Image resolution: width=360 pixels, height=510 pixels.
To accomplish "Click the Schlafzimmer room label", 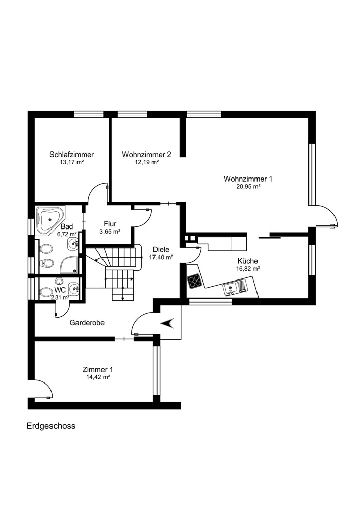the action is pyautogui.click(x=71, y=155).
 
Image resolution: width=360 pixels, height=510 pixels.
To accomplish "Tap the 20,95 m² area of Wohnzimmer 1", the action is pyautogui.click(x=248, y=187).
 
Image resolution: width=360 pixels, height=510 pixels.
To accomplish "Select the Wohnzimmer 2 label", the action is pyautogui.click(x=146, y=154).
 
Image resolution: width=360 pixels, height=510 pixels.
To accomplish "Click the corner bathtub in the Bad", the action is pyautogui.click(x=50, y=220).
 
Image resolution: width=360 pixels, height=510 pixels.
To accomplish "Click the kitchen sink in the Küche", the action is pyautogui.click(x=235, y=288).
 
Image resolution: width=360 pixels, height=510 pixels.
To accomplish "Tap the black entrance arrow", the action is pyautogui.click(x=168, y=323).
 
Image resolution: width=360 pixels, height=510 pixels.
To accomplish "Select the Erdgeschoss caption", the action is pyautogui.click(x=50, y=426).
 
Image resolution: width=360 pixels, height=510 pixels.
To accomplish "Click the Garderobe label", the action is pyautogui.click(x=87, y=323).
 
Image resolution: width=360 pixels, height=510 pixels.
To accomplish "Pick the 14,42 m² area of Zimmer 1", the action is pyautogui.click(x=97, y=377).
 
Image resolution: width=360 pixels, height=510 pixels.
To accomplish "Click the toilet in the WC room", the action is pyautogui.click(x=45, y=292).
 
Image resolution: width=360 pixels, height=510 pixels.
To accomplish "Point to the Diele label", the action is pyautogui.click(x=161, y=250).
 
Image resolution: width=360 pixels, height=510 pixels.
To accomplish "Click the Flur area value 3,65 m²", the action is pyautogui.click(x=110, y=232).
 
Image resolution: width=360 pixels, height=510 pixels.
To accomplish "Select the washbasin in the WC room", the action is pyautogui.click(x=74, y=289).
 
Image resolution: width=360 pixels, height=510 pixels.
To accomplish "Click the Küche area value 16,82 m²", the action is pyautogui.click(x=248, y=269).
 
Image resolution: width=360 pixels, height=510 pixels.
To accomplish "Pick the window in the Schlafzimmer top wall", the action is pyautogui.click(x=88, y=114).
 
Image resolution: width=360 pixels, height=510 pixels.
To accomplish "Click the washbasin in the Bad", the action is pyautogui.click(x=73, y=244).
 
